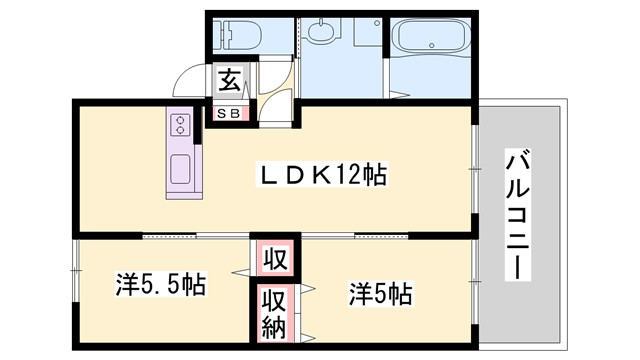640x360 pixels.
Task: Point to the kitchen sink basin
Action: click(181, 169)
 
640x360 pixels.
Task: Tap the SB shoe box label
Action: click(229, 113)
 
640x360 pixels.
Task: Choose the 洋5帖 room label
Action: click(380, 294)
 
